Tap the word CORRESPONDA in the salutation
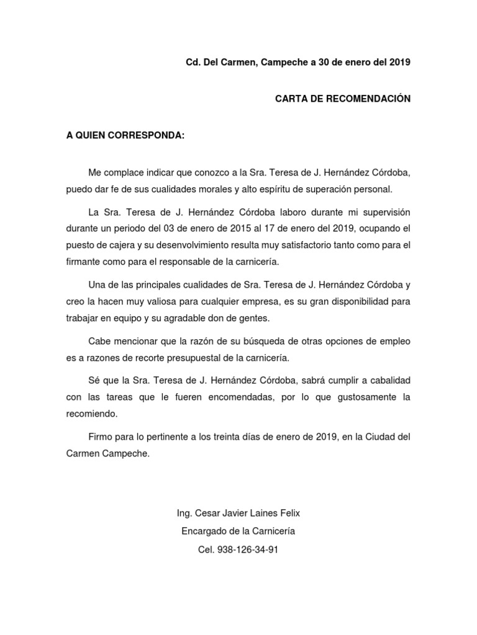(x=147, y=136)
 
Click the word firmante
(x=87, y=262)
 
